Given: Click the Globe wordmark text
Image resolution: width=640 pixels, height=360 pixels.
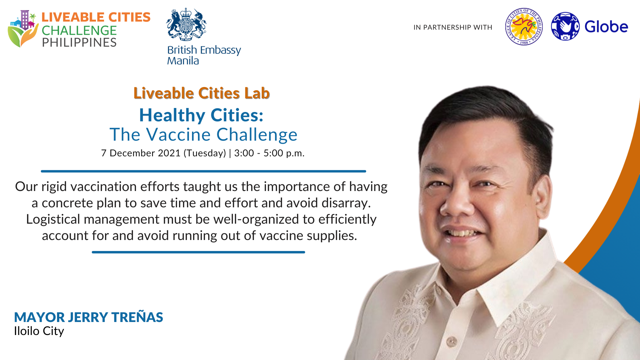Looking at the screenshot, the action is click(606, 27).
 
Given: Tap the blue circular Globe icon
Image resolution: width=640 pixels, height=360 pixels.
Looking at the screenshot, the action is click(565, 26).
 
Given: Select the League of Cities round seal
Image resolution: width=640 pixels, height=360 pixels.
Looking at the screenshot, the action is click(524, 27).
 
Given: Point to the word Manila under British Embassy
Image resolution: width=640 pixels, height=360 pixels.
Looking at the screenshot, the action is click(183, 61).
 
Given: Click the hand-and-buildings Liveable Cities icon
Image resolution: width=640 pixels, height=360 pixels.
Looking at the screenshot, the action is click(23, 29).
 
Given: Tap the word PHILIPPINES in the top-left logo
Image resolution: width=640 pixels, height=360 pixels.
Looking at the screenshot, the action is click(79, 43).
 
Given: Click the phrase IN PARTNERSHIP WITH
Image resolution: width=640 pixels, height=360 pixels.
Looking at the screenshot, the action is click(453, 27).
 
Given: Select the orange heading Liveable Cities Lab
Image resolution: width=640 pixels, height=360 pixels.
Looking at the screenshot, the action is click(202, 93).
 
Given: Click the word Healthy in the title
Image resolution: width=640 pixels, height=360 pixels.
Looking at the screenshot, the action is click(172, 115).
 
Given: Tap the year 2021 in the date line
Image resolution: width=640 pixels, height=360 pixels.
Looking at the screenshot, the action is click(169, 153).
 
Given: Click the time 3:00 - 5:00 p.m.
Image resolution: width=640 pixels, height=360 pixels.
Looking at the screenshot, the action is click(269, 153).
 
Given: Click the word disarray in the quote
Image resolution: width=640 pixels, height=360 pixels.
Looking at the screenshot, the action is click(346, 203).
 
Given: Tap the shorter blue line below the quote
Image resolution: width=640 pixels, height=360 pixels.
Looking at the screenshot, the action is click(198, 252).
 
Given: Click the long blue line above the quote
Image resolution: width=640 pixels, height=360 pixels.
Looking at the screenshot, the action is click(203, 171).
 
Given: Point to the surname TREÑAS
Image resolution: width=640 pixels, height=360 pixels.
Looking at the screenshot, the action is click(137, 317).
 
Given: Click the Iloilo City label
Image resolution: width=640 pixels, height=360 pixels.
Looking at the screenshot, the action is click(39, 331).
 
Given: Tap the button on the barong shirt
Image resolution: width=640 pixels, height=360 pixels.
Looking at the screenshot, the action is click(452, 341).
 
